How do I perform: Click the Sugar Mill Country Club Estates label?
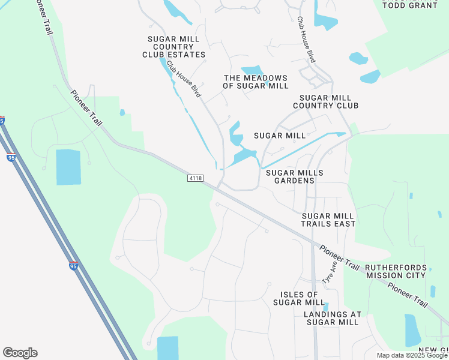(176, 47)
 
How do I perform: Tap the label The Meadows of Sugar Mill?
(256, 82)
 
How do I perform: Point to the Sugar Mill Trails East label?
(329, 220)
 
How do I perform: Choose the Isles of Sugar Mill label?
(299, 298)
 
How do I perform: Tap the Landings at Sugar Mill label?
(333, 318)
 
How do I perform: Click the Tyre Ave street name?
(328, 273)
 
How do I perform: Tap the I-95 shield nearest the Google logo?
(73, 266)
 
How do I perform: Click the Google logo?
(20, 353)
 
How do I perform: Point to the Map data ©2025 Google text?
(412, 355)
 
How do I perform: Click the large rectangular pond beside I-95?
(68, 167)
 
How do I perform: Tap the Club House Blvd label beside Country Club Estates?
(183, 79)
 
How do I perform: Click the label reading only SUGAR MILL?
(280, 136)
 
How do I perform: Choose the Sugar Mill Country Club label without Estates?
(325, 101)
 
